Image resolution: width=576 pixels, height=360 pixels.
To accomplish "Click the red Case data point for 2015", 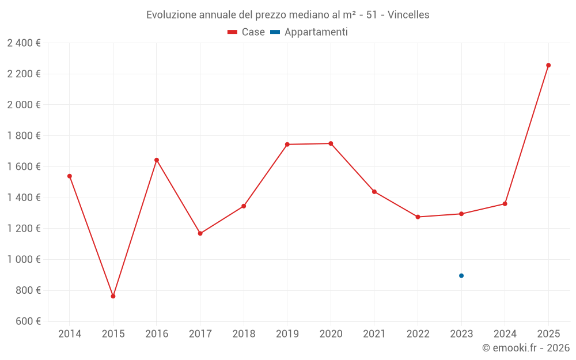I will pyautogui.click(x=113, y=296).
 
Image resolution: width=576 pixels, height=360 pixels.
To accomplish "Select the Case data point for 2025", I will pyautogui.click(x=548, y=65).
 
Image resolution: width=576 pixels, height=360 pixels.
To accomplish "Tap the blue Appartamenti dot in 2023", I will pyautogui.click(x=461, y=275).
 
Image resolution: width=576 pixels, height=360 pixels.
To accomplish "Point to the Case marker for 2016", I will pyautogui.click(x=157, y=160).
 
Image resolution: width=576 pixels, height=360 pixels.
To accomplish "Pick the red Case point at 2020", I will pyautogui.click(x=331, y=143).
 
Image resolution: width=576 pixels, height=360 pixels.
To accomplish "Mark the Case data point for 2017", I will pyautogui.click(x=200, y=233).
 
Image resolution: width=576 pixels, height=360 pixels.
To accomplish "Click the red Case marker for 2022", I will pyautogui.click(x=418, y=217).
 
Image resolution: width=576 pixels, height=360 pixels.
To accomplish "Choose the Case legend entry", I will pyautogui.click(x=247, y=32).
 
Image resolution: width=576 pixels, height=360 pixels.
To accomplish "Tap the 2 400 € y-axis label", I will pyautogui.click(x=24, y=43).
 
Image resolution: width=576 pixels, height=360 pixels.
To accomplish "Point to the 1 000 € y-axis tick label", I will pyautogui.click(x=24, y=259).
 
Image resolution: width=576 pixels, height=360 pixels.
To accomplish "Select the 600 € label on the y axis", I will pyautogui.click(x=27, y=321).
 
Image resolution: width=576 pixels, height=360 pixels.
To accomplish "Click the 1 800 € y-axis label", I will pyautogui.click(x=24, y=135).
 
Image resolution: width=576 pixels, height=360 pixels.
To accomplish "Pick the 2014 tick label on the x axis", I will pyautogui.click(x=70, y=334).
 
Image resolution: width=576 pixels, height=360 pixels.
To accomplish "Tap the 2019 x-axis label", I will pyautogui.click(x=287, y=334).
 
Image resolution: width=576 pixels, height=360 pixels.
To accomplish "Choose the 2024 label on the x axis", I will pyautogui.click(x=505, y=334).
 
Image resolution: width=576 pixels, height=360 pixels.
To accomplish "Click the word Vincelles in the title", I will pyautogui.click(x=408, y=15).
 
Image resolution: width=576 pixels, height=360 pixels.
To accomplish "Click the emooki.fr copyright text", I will pyautogui.click(x=526, y=348).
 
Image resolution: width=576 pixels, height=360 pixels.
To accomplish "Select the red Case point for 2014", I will pyautogui.click(x=70, y=176).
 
